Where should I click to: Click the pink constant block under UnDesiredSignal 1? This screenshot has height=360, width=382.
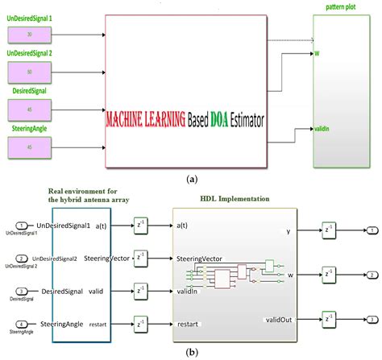29,34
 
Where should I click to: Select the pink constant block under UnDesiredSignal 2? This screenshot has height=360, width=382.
29,71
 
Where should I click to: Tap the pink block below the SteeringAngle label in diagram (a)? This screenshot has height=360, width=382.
29,147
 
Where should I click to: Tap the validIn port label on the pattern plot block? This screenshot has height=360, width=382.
326,129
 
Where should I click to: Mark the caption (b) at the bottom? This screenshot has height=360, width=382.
192,351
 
